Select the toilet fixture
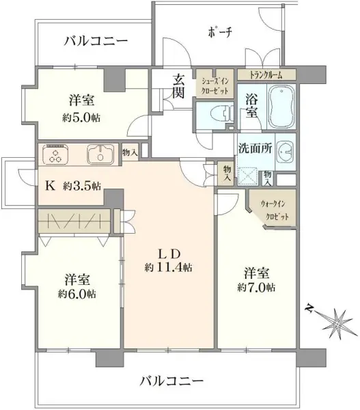(x=209, y=114)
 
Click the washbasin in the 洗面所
(x=286, y=150)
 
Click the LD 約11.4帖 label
(x=168, y=259)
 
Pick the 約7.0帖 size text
(x=257, y=288)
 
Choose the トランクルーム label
(x=265, y=74)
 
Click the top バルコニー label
(x=96, y=41)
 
